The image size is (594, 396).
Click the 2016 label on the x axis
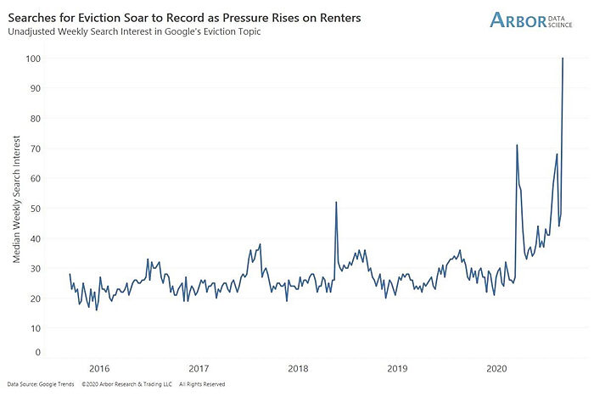99,369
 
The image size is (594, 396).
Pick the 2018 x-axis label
298,369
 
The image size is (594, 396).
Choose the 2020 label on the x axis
496,369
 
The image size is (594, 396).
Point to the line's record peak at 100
563,59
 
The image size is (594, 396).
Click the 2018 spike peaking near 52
336,202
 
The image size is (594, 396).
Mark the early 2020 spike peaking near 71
517,145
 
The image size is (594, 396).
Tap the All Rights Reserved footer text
202,384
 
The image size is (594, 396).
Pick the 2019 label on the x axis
397,369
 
